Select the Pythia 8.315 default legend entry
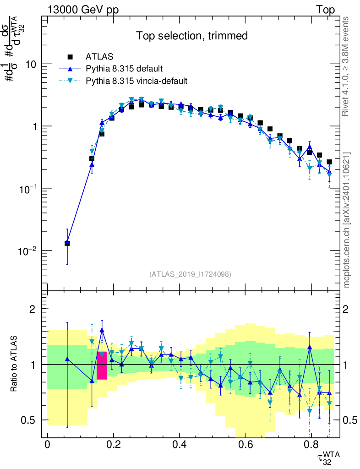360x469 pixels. pos(124,69)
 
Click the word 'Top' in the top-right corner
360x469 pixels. pos(325,10)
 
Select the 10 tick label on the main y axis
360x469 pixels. pos(30,64)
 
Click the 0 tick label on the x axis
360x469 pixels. pos(47,445)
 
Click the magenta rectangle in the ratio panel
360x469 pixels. pos(102,365)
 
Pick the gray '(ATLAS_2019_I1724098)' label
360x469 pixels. pos(190,274)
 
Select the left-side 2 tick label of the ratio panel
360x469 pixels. pos(33,309)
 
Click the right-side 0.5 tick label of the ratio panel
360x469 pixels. pos(350,420)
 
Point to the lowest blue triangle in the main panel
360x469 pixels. pos(67,243)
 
